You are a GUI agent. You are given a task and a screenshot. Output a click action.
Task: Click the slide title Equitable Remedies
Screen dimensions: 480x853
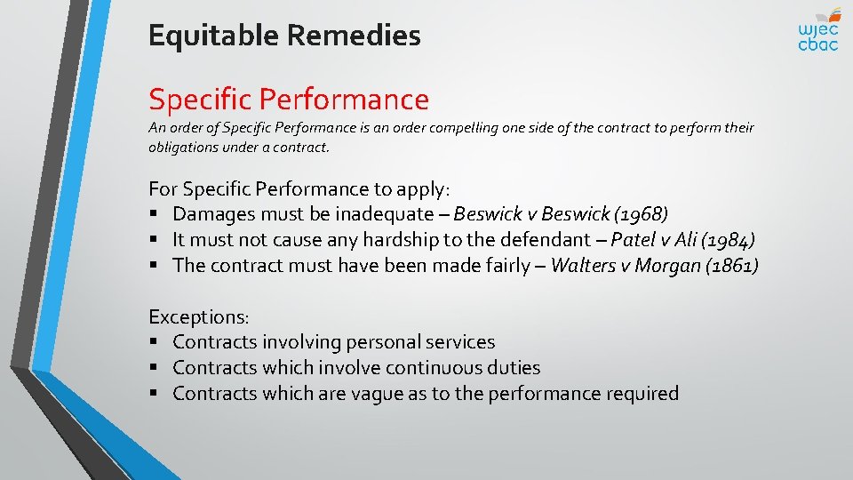[x=284, y=36]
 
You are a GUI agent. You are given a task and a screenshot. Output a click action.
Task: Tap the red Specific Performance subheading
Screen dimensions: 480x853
[x=288, y=99]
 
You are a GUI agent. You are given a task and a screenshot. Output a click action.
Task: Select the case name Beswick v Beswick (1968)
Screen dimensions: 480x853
[x=561, y=214]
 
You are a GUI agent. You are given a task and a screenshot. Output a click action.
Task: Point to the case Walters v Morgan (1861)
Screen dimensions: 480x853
[x=655, y=266]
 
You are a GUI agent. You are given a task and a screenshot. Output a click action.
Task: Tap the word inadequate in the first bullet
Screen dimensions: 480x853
[x=395, y=214]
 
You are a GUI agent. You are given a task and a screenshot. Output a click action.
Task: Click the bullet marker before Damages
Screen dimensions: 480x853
[x=154, y=215]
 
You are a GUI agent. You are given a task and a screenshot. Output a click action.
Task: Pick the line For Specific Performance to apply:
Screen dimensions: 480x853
[x=299, y=188]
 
